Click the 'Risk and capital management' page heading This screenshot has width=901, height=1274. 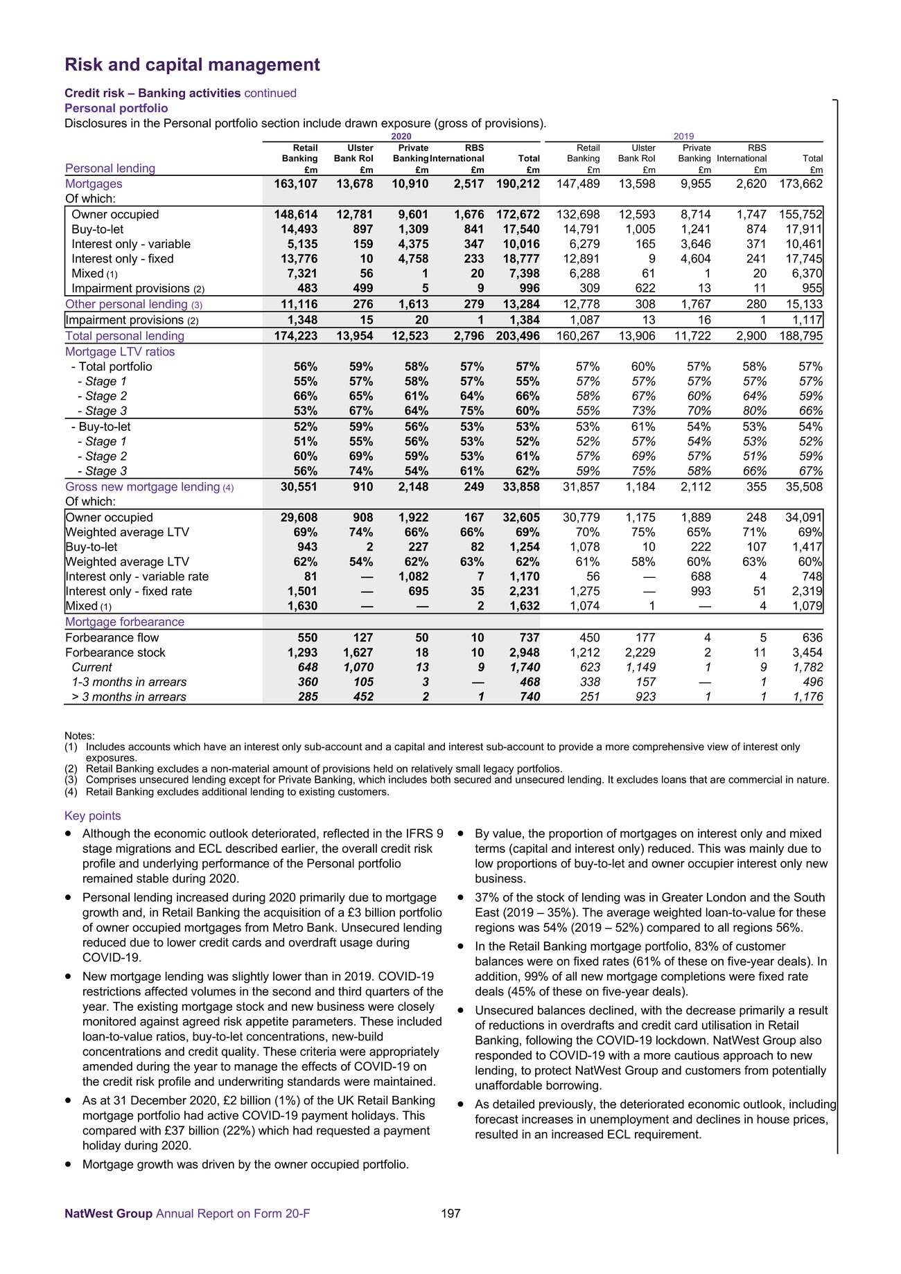click(x=192, y=65)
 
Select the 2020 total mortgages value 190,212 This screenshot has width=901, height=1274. click(x=518, y=184)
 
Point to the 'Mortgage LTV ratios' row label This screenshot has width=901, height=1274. click(x=120, y=351)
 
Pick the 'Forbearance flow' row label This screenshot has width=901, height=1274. click(x=112, y=637)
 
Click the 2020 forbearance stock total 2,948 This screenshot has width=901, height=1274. click(x=525, y=653)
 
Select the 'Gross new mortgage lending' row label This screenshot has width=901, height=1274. click(x=143, y=487)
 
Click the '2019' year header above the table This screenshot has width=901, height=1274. click(x=684, y=136)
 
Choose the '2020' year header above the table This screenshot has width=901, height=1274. click(x=401, y=136)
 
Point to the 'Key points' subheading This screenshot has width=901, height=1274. click(x=92, y=816)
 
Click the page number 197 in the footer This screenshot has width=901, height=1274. click(x=450, y=1213)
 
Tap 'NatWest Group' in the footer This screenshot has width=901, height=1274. click(x=108, y=1213)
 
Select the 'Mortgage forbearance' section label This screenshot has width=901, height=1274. click(x=125, y=622)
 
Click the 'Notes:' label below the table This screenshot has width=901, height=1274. click(x=80, y=736)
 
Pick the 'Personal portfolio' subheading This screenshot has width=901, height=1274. click(x=116, y=108)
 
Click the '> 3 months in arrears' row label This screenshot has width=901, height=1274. click(x=129, y=697)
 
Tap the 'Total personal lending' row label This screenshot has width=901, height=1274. click(x=125, y=336)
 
